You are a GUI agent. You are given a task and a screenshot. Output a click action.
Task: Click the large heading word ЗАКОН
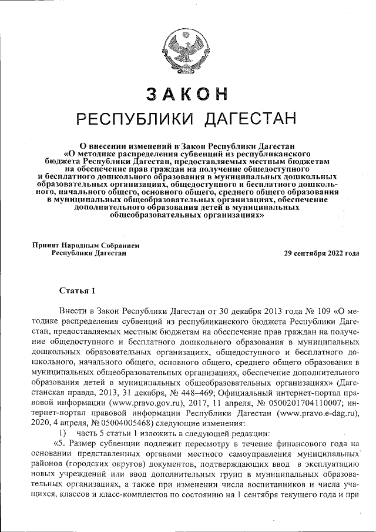coord(187,94)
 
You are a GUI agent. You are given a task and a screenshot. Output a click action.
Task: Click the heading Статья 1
coord(77,290)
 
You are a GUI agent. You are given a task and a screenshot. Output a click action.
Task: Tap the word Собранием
coord(122,245)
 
